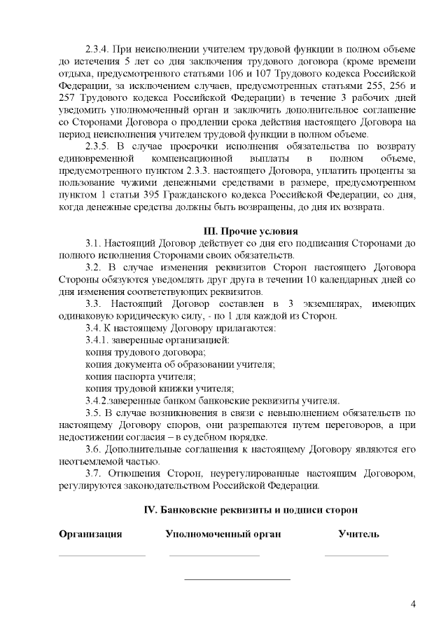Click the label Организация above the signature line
click(90, 535)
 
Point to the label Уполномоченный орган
click(223, 535)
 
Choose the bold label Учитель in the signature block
click(358, 535)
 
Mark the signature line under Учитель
click(356, 555)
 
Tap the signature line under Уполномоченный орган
click(213, 555)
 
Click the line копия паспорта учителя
click(135, 376)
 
